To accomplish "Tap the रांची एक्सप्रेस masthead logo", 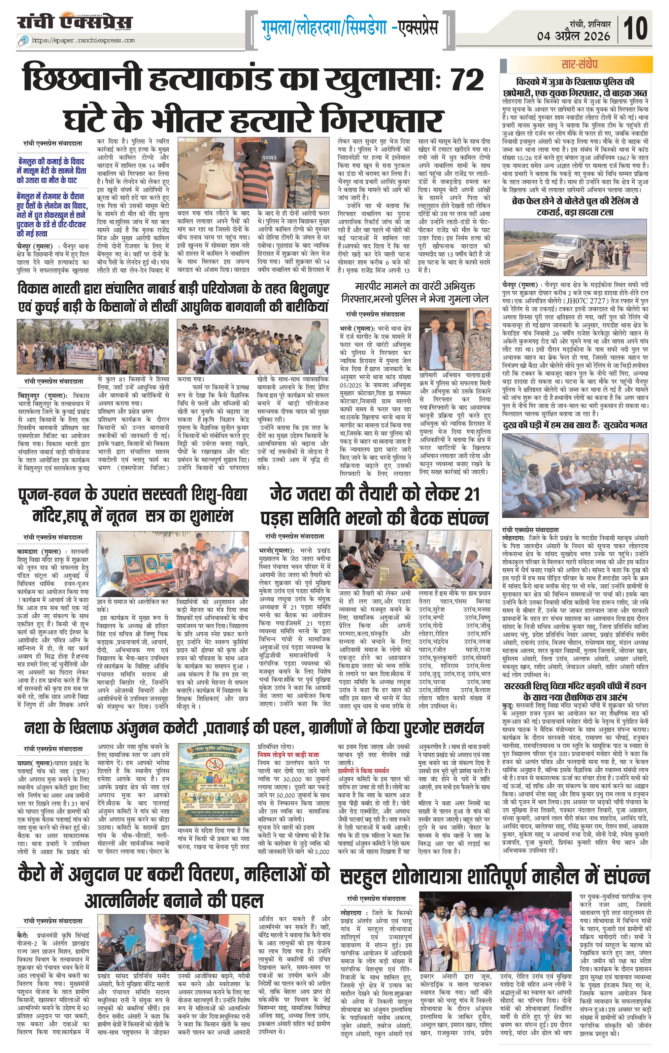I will (x=75, y=22).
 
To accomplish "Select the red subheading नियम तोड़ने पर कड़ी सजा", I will (x=288, y=754).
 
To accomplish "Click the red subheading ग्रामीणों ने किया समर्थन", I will (x=363, y=770).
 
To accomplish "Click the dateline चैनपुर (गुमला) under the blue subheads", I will (x=38, y=246).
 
